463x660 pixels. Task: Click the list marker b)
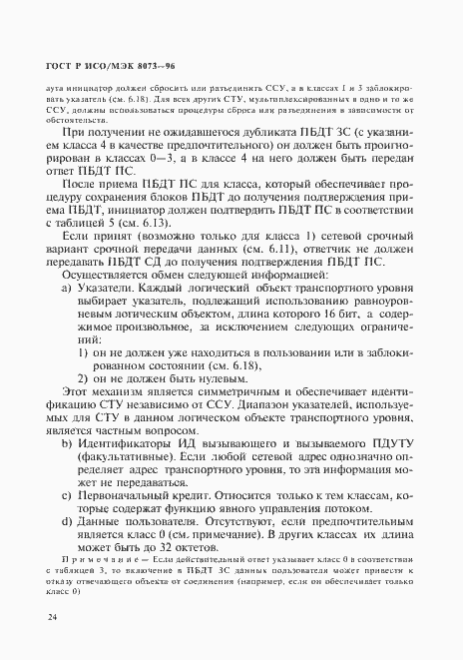tap(68, 441)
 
